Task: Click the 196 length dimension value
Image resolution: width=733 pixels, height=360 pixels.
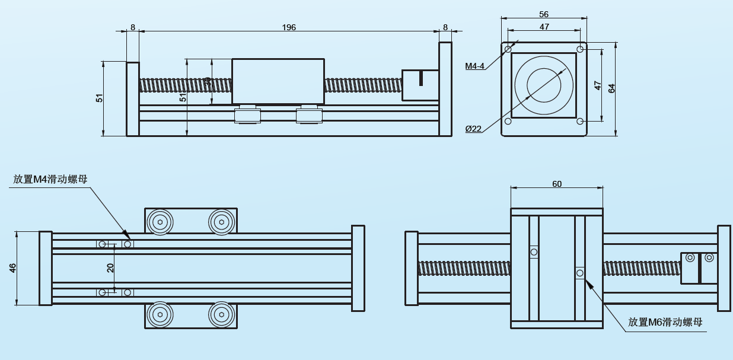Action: click(289, 27)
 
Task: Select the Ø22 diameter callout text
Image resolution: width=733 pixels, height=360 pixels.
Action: click(473, 129)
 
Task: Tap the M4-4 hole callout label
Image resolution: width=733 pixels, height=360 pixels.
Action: click(475, 66)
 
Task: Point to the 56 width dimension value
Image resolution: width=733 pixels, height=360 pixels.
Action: click(544, 14)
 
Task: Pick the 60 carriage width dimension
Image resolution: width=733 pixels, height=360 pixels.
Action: click(557, 184)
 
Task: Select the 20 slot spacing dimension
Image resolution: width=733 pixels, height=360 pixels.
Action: click(110, 268)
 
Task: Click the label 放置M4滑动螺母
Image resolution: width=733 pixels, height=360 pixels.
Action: click(50, 179)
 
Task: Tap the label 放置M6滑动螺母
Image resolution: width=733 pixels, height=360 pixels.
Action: click(665, 322)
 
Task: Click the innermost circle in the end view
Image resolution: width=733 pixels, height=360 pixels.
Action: click(544, 85)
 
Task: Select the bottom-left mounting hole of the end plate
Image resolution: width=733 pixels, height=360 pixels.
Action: click(508, 122)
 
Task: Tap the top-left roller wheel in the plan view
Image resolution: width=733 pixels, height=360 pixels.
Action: click(160, 222)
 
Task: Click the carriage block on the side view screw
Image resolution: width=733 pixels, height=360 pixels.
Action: click(278, 81)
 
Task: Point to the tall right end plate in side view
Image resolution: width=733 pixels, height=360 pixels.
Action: click(445, 89)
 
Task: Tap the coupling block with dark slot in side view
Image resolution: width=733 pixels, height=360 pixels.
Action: click(420, 85)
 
